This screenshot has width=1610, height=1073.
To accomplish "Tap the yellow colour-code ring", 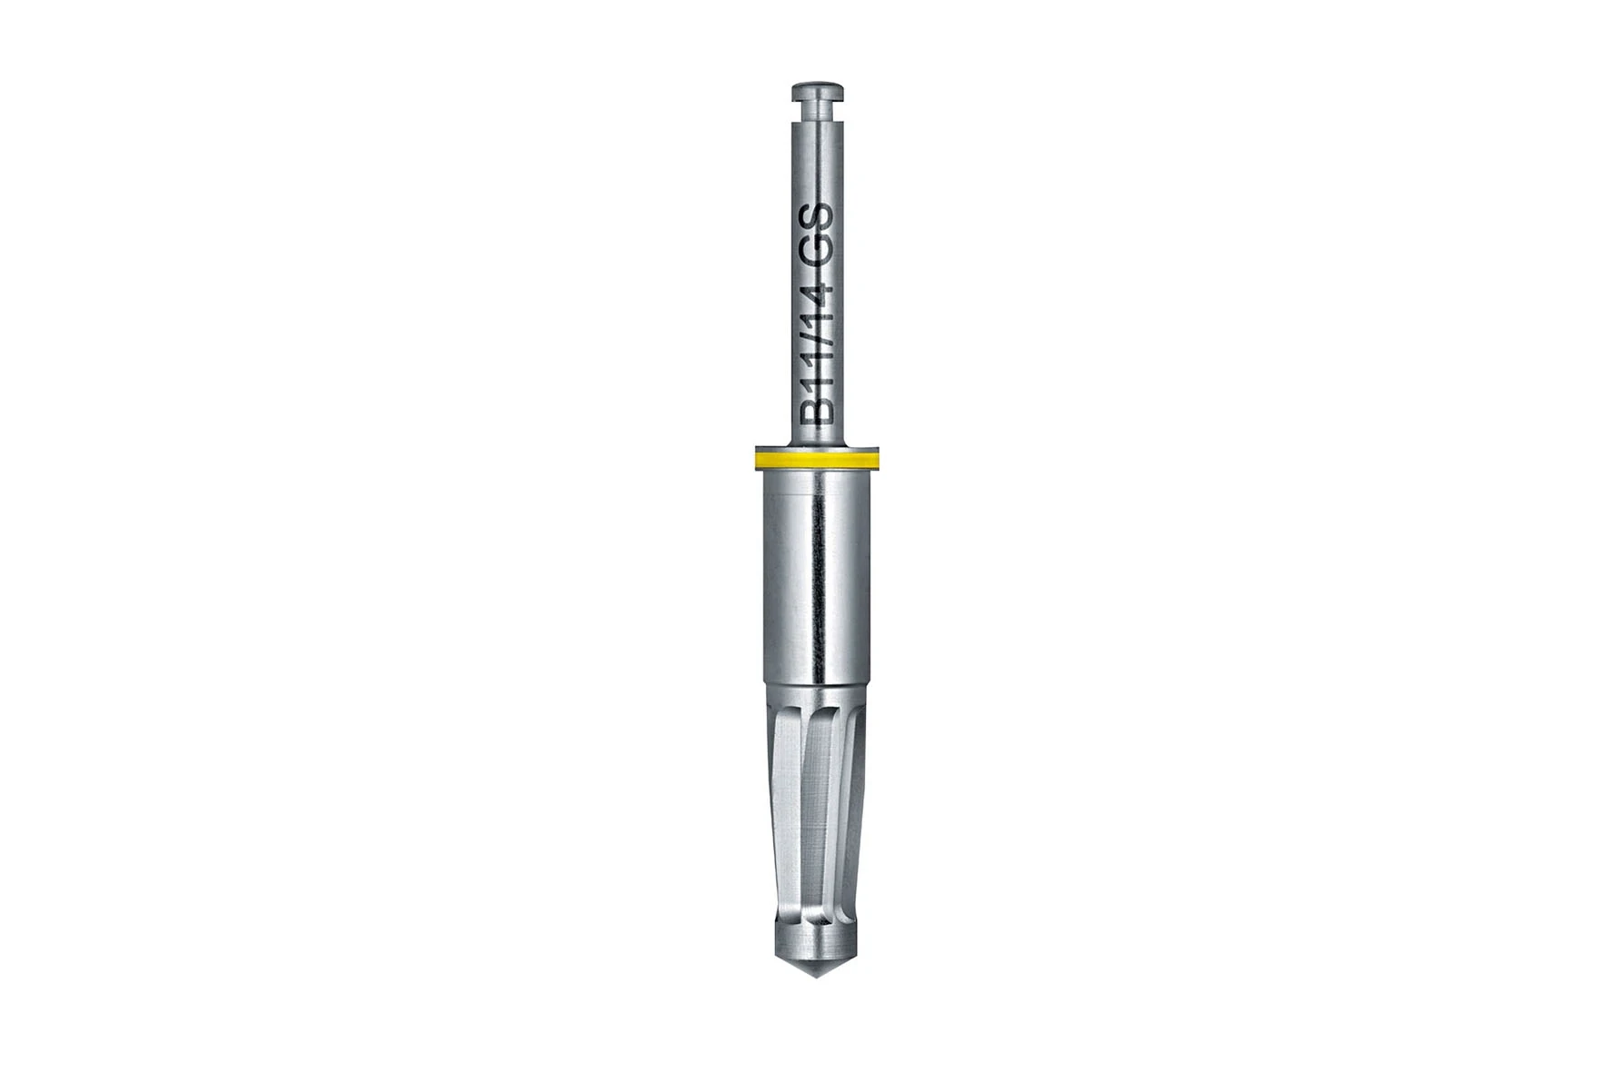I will click(817, 461).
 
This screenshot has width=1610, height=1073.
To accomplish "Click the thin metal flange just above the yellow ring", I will click(817, 447).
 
